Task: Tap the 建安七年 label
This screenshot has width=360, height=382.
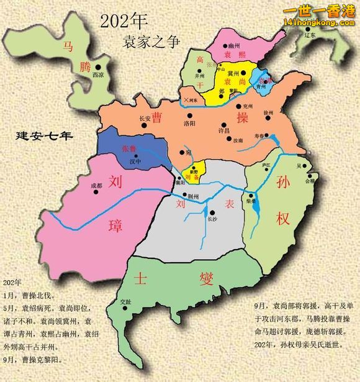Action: pyautogui.click(x=45, y=135)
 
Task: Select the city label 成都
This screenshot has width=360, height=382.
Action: pyautogui.click(x=95, y=185)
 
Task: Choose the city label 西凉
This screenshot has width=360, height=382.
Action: pyautogui.click(x=97, y=74)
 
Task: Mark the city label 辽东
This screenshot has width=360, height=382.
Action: pyautogui.click(x=310, y=35)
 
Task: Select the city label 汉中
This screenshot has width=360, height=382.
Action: pyautogui.click(x=135, y=161)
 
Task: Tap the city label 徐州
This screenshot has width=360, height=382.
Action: pyautogui.click(x=269, y=112)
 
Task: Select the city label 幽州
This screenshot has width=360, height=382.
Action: pyautogui.click(x=234, y=46)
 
